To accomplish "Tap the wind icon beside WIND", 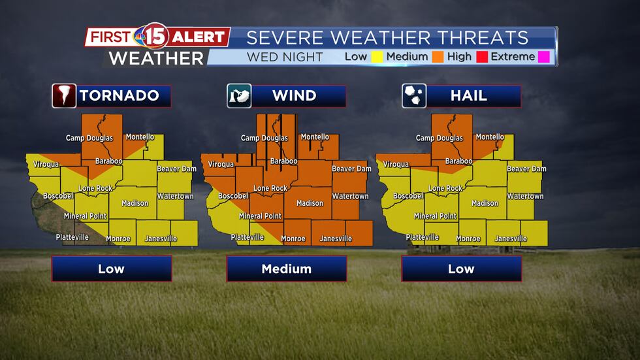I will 239,96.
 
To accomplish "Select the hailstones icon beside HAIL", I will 414,96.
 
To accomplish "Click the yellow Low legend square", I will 377,57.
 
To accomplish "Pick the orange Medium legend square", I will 438,57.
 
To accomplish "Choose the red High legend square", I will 481,57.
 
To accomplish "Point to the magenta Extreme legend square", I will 544,57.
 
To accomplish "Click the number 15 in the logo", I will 155,37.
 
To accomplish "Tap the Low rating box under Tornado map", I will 112,269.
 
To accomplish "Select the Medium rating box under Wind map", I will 286,269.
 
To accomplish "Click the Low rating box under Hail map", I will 461,269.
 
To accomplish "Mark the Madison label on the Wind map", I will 310,203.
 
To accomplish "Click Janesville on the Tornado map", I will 161,238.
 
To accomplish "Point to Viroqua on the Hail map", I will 396,165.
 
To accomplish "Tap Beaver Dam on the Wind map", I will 351,169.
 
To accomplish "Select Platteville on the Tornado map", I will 72,237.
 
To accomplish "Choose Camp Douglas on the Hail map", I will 440,138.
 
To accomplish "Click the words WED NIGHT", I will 285,57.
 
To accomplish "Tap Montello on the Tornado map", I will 140,137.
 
